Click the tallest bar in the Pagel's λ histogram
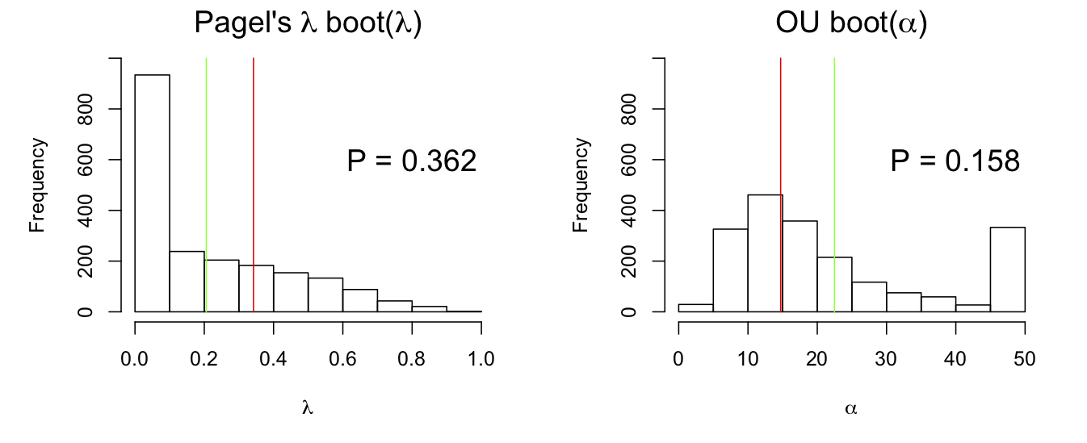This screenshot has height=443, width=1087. tap(152, 194)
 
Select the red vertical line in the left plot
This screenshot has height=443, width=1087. tap(254, 121)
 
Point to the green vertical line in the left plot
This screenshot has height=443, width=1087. tap(206, 121)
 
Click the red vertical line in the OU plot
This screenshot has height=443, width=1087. tap(781, 121)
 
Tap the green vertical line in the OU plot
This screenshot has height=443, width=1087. tap(834, 121)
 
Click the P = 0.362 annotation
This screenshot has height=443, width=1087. tap(412, 161)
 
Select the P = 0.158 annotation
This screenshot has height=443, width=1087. tap(955, 161)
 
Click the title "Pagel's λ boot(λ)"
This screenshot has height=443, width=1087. tap(308, 24)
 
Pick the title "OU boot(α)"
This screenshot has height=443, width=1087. tap(851, 24)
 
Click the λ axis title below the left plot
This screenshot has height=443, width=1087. tap(308, 408)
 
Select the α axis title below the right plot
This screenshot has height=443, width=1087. tap(851, 408)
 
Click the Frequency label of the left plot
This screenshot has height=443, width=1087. tap(37, 185)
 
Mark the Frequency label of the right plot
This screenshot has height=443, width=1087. tap(581, 185)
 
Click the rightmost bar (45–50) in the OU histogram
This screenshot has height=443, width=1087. tap(1007, 270)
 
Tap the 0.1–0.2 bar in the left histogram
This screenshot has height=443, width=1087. tap(187, 282)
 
